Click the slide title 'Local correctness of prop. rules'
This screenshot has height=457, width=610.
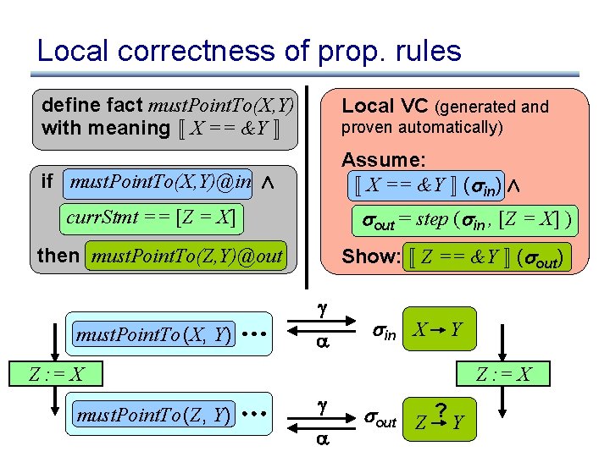tap(249, 52)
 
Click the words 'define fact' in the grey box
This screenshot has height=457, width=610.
tap(92, 107)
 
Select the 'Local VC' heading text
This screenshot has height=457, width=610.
tap(385, 107)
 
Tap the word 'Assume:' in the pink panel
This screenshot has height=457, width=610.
tap(383, 160)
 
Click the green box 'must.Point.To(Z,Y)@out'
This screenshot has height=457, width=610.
tap(186, 256)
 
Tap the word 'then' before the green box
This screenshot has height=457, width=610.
tap(58, 256)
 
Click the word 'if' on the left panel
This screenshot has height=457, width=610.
tap(47, 181)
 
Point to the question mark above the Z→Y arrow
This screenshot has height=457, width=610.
tap(441, 412)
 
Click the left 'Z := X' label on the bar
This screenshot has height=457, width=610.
tap(57, 374)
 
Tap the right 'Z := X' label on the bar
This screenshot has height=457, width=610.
tap(503, 374)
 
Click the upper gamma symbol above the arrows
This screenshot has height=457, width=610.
tap(321, 311)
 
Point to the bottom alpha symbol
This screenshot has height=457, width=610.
tap(321, 438)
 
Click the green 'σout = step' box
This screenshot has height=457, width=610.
tap(465, 219)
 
